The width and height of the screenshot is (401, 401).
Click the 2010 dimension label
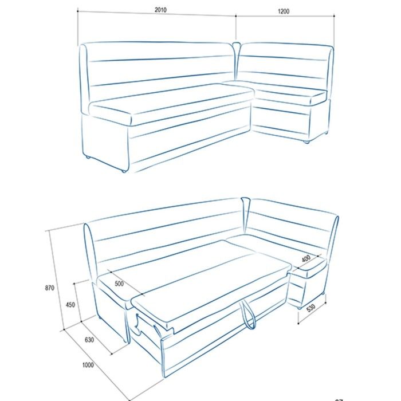(x=160, y=10)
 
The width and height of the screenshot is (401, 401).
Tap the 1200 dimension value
(x=284, y=11)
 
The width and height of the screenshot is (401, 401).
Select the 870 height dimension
(x=50, y=288)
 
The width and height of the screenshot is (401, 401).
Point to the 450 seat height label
(x=70, y=305)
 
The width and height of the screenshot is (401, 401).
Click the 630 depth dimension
(x=89, y=340)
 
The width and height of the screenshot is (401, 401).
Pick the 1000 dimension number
(x=88, y=365)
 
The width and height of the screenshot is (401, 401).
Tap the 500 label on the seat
(x=119, y=284)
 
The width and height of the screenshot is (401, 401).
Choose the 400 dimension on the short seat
(x=306, y=258)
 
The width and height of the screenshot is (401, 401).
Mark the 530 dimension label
(x=310, y=308)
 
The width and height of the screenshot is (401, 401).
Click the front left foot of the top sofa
(x=124, y=171)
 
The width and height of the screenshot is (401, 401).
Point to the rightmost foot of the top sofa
(x=326, y=132)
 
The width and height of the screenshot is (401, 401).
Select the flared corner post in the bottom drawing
(x=246, y=214)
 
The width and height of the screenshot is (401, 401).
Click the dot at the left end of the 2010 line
(x=78, y=11)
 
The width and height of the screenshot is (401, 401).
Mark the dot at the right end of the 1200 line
(x=334, y=15)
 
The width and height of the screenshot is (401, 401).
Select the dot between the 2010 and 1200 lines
(x=236, y=16)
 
